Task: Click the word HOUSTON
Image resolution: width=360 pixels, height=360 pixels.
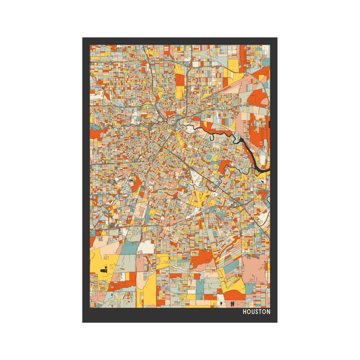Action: point(256,312)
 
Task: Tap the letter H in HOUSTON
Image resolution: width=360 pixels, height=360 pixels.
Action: point(245,312)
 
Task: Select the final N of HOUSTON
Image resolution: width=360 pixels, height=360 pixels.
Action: point(268,312)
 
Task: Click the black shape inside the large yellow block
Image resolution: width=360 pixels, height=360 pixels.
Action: point(104,269)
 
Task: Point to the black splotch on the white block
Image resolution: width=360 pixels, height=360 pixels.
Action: point(220,303)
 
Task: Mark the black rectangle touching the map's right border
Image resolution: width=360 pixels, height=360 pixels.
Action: point(269,125)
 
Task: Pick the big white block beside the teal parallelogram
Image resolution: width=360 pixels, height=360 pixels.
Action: point(146,247)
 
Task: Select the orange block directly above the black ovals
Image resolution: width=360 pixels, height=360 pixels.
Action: point(233,295)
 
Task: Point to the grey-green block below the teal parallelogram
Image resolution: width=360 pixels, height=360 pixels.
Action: point(128,263)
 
